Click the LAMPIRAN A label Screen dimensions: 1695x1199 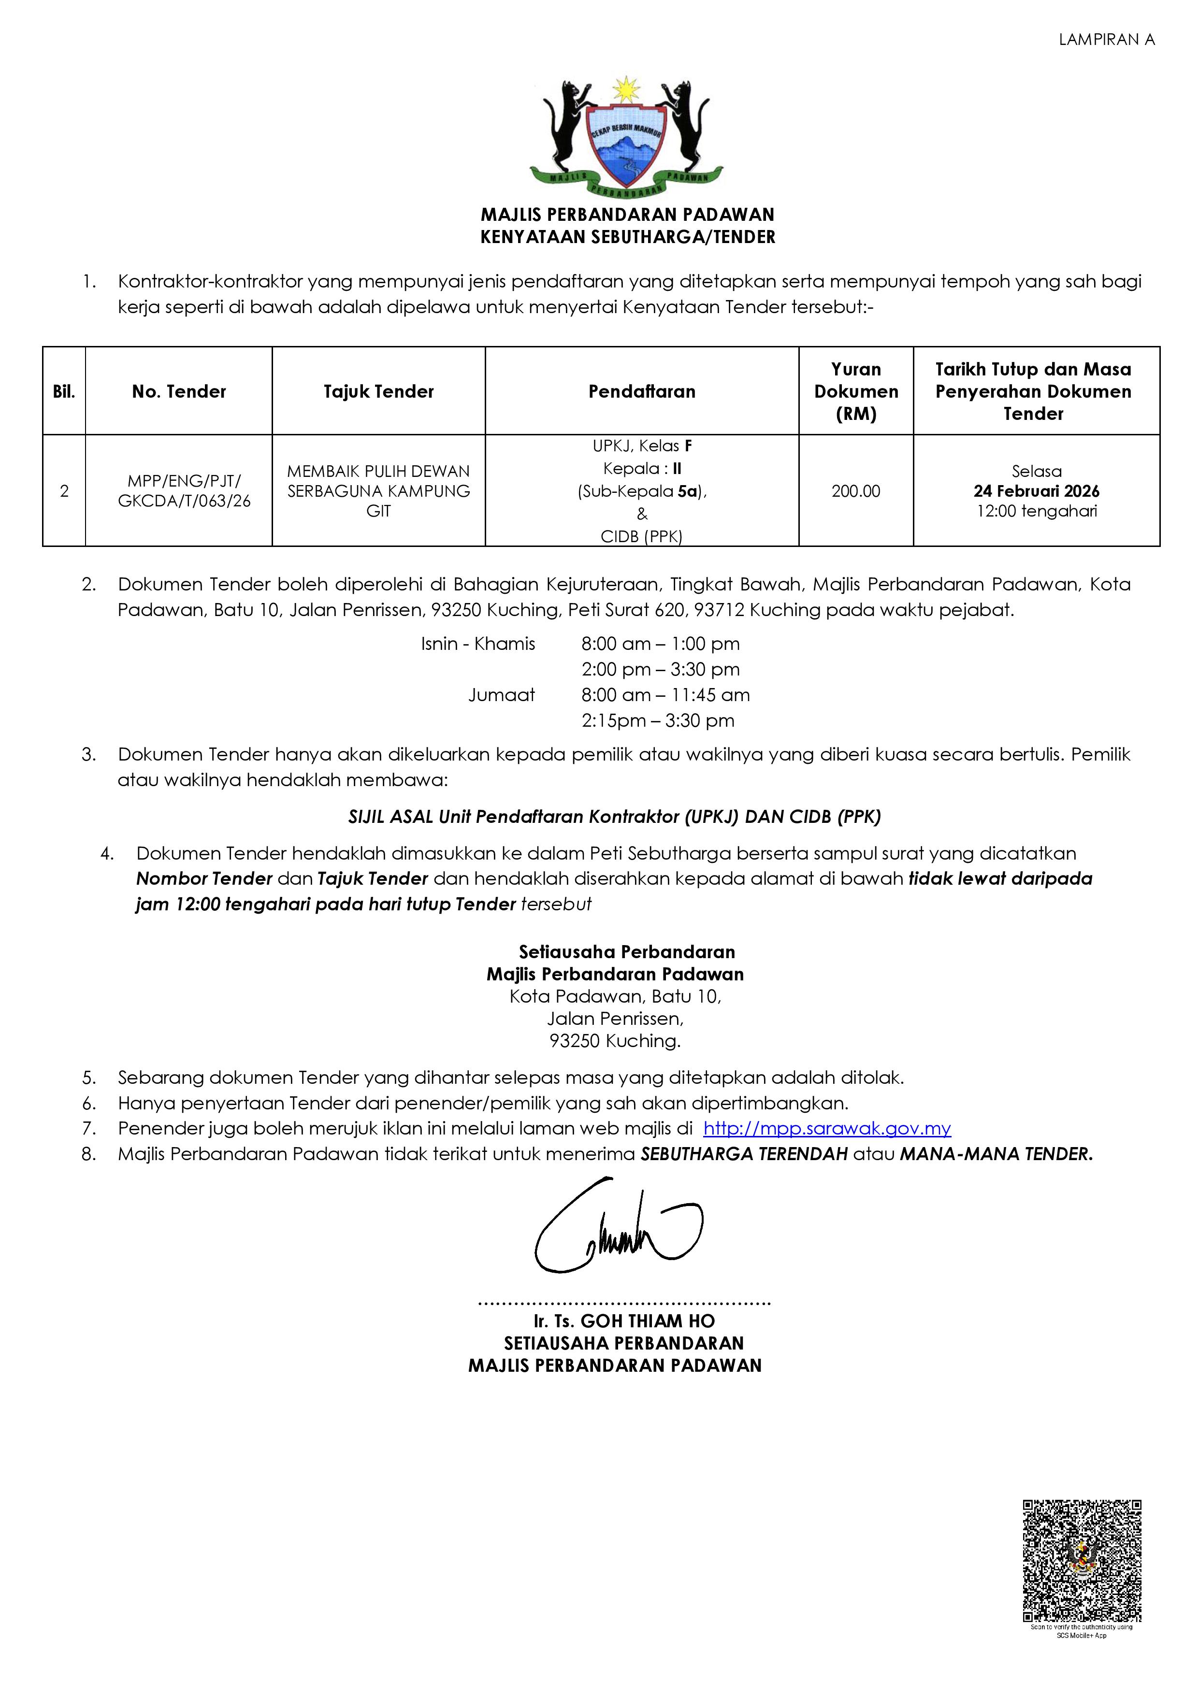1106,40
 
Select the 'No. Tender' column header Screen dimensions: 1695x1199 179,391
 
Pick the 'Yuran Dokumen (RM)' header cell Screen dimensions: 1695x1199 856,391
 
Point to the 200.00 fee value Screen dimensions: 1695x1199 856,491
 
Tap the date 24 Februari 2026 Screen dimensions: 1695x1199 1036,491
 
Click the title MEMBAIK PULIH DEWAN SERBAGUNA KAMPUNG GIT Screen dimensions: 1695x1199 378,491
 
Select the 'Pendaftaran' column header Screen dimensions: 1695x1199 642,391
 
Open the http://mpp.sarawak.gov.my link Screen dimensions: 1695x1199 827,1128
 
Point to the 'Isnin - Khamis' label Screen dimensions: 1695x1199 477,644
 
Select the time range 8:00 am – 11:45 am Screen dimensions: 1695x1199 665,695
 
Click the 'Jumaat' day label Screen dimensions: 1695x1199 501,695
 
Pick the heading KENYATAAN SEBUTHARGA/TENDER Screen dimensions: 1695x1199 628,237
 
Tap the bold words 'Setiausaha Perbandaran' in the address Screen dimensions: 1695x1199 627,951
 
